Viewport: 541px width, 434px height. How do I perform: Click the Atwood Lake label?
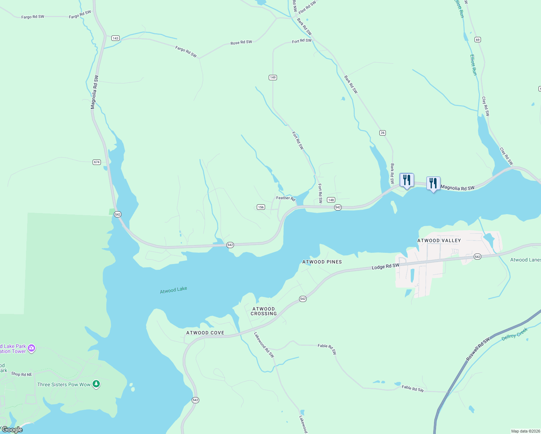(x=173, y=290)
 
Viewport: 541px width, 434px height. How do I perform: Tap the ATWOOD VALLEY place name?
(x=439, y=241)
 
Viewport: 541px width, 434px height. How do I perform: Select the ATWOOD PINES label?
(x=322, y=262)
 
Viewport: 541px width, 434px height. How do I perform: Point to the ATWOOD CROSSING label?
(x=264, y=311)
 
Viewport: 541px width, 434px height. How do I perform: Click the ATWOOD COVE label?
(x=205, y=333)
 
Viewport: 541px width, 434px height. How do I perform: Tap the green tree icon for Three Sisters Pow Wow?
(x=96, y=384)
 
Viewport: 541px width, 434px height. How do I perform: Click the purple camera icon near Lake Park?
(x=31, y=348)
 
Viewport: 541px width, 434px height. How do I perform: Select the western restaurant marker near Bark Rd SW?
(x=406, y=180)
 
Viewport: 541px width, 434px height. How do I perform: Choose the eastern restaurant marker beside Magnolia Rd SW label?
(x=433, y=183)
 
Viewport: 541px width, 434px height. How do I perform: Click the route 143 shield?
(x=115, y=38)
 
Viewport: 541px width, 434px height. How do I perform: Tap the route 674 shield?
(x=97, y=162)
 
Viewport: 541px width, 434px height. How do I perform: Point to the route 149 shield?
(x=273, y=77)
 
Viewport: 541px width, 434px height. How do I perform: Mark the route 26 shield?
(x=383, y=133)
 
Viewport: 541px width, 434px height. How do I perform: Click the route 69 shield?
(x=478, y=40)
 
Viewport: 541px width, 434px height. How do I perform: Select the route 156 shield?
(x=261, y=207)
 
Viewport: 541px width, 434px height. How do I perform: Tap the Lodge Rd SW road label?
(x=385, y=267)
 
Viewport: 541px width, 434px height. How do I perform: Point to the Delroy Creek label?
(x=515, y=334)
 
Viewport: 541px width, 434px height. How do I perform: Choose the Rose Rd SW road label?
(x=241, y=43)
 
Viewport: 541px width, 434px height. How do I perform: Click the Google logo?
(x=12, y=430)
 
